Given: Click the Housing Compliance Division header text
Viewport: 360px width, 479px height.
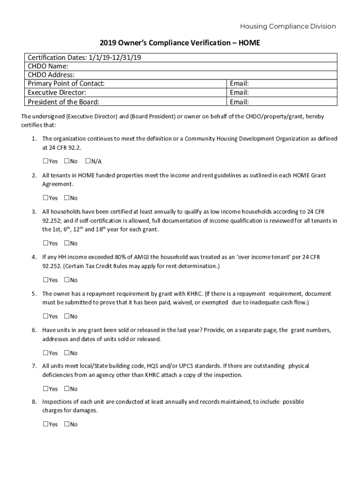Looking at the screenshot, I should [288, 27].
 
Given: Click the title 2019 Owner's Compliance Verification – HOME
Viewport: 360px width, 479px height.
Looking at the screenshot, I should [180, 43].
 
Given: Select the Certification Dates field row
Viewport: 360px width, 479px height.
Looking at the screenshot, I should [180, 58].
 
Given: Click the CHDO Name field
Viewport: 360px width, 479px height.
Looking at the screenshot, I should [187, 66].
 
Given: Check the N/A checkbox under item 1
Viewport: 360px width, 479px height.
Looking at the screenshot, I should [88, 161].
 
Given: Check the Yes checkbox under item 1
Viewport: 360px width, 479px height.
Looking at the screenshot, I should [45, 161].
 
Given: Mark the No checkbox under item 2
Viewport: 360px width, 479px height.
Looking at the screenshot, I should [67, 198].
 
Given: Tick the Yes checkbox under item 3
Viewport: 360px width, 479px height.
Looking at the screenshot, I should [45, 243].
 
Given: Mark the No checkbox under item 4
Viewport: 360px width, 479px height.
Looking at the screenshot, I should [67, 280].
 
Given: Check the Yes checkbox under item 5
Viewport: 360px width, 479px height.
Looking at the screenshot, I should [45, 316].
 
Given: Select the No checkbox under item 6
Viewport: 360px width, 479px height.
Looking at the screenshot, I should [67, 353].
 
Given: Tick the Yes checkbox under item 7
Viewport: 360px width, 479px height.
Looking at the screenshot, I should [45, 389].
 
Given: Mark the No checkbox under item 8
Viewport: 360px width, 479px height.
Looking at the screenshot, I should [67, 424].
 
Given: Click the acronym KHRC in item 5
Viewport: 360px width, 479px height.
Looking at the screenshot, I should [193, 294].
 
